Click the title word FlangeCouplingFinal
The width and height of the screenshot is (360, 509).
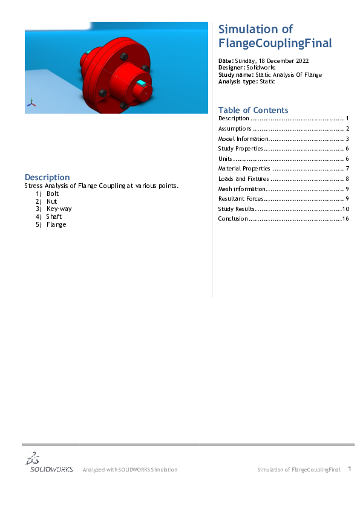point(275,44)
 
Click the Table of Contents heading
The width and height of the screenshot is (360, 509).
point(253,110)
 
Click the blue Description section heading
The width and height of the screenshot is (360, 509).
point(47,177)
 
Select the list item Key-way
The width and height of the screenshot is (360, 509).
point(59,209)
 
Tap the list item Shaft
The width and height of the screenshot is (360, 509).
point(54,216)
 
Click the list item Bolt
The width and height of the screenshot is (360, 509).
point(53,193)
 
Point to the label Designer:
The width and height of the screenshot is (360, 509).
point(231,68)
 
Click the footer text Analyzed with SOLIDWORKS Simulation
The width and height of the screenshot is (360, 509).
point(130,470)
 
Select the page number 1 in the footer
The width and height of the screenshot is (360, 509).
point(350,468)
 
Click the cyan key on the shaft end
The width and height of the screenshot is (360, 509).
point(142,82)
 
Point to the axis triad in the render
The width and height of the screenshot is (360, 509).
point(31,103)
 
